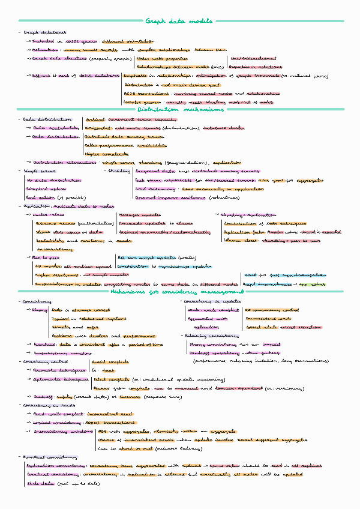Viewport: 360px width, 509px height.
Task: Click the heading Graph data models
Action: pyautogui.click(x=179, y=21)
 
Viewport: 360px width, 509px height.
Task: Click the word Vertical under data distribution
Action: pyautogui.click(x=95, y=120)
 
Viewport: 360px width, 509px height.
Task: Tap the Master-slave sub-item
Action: pyautogui.click(x=46, y=214)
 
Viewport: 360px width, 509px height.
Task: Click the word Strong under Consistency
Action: pyautogui.click(x=39, y=310)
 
